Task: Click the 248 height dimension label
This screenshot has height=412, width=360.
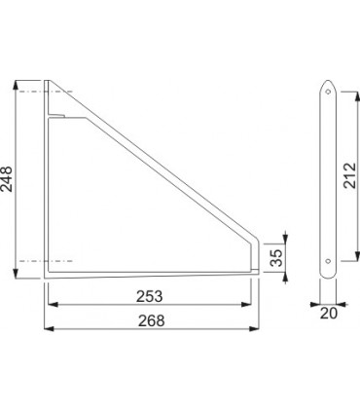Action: point(7,179)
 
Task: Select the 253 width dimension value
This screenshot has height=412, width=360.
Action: point(149,296)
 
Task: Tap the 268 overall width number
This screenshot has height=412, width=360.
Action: point(152,320)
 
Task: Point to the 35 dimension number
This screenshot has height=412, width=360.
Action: point(276,258)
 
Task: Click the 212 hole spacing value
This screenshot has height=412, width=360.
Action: point(350,175)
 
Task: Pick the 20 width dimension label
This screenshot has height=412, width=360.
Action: point(329,314)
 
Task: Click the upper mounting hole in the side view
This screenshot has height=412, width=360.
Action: point(328,92)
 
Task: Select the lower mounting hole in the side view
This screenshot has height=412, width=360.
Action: point(328,261)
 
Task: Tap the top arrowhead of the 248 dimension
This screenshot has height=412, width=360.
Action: point(16,85)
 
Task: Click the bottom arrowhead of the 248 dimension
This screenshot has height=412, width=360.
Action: point(16,274)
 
